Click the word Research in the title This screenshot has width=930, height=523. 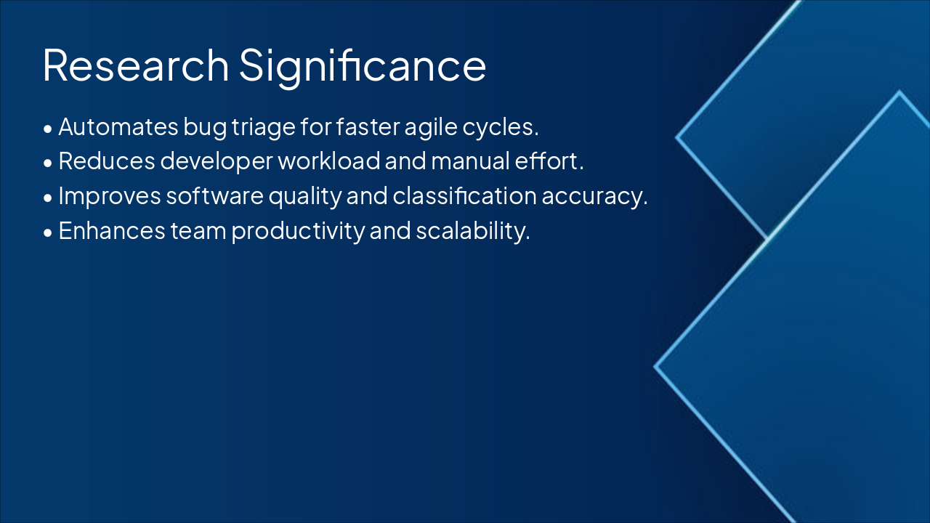[135, 65]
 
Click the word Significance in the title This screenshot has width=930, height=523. [363, 66]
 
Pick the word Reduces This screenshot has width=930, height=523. [107, 161]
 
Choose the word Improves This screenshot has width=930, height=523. [111, 196]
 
